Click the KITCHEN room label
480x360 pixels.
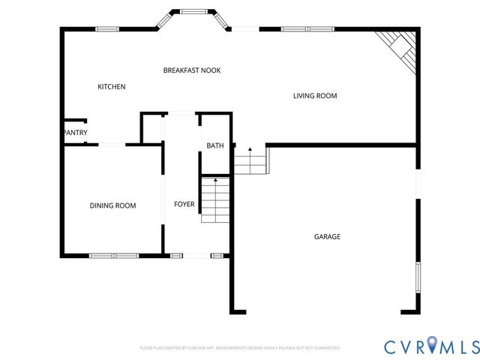(x=112, y=87)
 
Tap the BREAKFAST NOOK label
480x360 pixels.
(x=192, y=70)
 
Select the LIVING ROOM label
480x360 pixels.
(x=315, y=96)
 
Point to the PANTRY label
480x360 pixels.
(x=75, y=133)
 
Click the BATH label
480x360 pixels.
(x=215, y=146)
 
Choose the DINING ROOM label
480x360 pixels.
(x=112, y=205)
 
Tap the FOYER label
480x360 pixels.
(x=184, y=204)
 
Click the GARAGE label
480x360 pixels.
(x=327, y=237)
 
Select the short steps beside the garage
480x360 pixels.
(x=250, y=160)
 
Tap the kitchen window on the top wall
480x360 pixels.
(x=107, y=28)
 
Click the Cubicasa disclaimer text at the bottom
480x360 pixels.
(x=240, y=348)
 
